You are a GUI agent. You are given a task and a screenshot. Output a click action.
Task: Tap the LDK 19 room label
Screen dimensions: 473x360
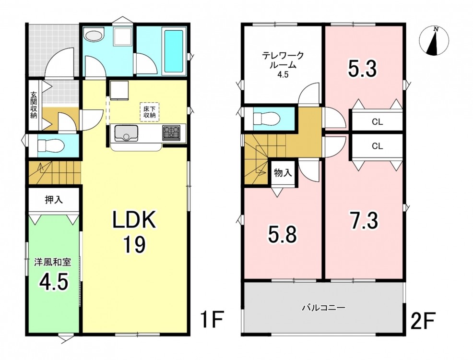pyautogui.click(x=134, y=232)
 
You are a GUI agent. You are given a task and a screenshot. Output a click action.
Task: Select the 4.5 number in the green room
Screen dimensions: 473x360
pyautogui.click(x=53, y=281)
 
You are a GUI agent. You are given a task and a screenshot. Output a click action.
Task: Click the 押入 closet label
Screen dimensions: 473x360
pyautogui.click(x=54, y=200)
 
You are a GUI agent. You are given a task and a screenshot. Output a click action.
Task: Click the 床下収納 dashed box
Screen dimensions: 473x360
pyautogui.click(x=149, y=112)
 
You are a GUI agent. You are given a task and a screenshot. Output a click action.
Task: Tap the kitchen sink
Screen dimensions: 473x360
pyautogui.click(x=125, y=133)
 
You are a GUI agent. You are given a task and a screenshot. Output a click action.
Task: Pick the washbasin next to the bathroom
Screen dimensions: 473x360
pyautogui.click(x=94, y=35)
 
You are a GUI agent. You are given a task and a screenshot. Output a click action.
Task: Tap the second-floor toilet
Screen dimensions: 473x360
pyautogui.click(x=267, y=118)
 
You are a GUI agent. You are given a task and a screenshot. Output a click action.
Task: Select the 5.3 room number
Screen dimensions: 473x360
pyautogui.click(x=362, y=69)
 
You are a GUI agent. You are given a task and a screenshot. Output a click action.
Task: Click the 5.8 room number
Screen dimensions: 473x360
pyautogui.click(x=283, y=234)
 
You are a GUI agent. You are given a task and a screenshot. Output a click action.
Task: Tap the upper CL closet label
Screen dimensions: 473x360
pyautogui.click(x=378, y=122)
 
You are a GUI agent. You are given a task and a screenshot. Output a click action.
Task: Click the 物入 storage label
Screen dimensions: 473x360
pyautogui.click(x=283, y=173)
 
